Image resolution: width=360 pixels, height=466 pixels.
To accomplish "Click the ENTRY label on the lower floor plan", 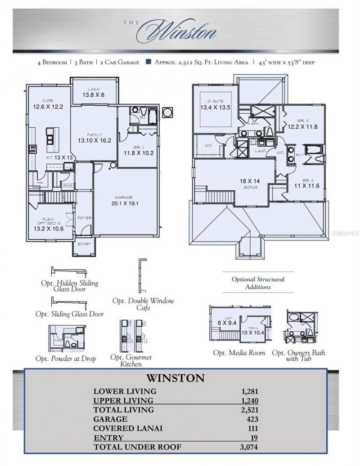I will [x=84, y=244].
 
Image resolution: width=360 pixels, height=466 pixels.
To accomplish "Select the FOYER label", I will [x=85, y=218].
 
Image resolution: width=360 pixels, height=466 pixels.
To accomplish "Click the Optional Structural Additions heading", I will [x=258, y=283].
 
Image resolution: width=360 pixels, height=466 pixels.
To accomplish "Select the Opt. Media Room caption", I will [x=239, y=353].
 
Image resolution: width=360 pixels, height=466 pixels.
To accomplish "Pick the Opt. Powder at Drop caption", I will [x=65, y=358].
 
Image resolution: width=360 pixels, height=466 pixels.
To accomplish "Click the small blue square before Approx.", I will [x=148, y=62].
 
